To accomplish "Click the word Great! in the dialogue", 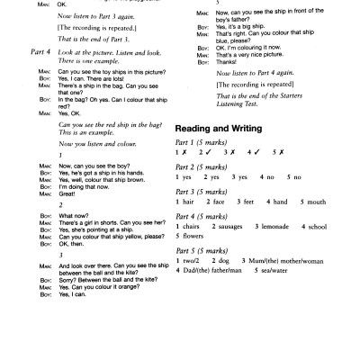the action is [67, 190].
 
